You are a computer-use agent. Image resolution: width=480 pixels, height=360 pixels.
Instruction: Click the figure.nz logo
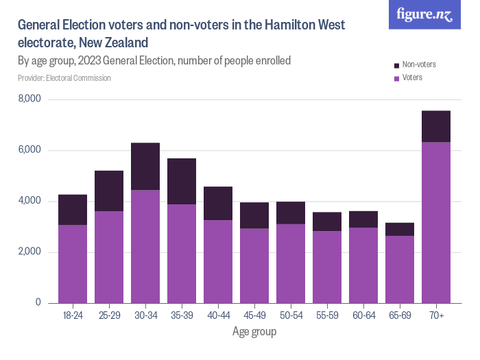point(424,14)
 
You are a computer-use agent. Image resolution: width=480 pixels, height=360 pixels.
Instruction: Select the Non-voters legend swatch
point(397,65)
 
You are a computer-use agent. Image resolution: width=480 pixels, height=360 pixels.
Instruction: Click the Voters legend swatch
point(397,78)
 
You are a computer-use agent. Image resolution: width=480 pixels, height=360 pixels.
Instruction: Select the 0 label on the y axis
point(38,303)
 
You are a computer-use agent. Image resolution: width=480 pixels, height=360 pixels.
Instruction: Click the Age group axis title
point(254,332)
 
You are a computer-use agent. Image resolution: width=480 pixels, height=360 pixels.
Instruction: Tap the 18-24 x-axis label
point(73,315)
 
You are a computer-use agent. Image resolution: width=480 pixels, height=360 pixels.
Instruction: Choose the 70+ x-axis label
point(436,315)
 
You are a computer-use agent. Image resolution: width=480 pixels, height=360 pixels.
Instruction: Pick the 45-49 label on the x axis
point(254,315)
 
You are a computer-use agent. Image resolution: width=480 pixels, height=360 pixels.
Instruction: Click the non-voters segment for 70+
point(436,126)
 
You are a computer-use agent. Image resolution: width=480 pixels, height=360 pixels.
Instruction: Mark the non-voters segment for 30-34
point(145,167)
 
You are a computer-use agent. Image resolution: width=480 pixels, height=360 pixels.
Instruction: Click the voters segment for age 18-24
point(73,264)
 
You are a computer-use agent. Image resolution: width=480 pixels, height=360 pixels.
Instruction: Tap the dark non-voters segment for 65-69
point(400,229)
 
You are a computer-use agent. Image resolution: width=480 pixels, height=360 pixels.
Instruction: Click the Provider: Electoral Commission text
point(64,78)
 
